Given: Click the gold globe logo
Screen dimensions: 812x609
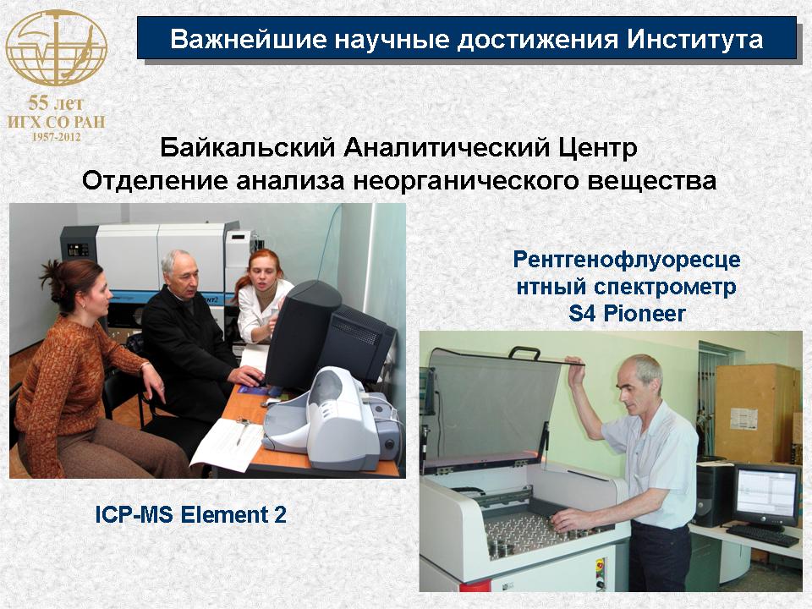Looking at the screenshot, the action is pyautogui.click(x=56, y=48).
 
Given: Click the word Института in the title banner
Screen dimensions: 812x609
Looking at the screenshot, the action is pyautogui.click(x=694, y=40).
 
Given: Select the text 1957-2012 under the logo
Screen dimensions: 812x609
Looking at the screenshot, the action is pyautogui.click(x=57, y=137).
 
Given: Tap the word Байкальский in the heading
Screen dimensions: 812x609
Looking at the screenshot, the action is pyautogui.click(x=248, y=147).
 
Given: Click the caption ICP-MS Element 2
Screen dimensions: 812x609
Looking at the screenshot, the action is pyautogui.click(x=190, y=515).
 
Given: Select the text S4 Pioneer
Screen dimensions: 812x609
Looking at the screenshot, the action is pyautogui.click(x=627, y=313).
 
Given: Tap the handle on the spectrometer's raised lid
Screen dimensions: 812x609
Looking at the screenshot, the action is pyautogui.click(x=524, y=353).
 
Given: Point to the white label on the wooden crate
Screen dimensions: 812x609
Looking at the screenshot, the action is pyautogui.click(x=743, y=419).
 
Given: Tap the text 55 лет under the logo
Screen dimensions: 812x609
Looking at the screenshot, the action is pyautogui.click(x=56, y=103).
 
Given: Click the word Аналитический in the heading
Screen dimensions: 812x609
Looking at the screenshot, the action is pyautogui.click(x=447, y=147).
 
